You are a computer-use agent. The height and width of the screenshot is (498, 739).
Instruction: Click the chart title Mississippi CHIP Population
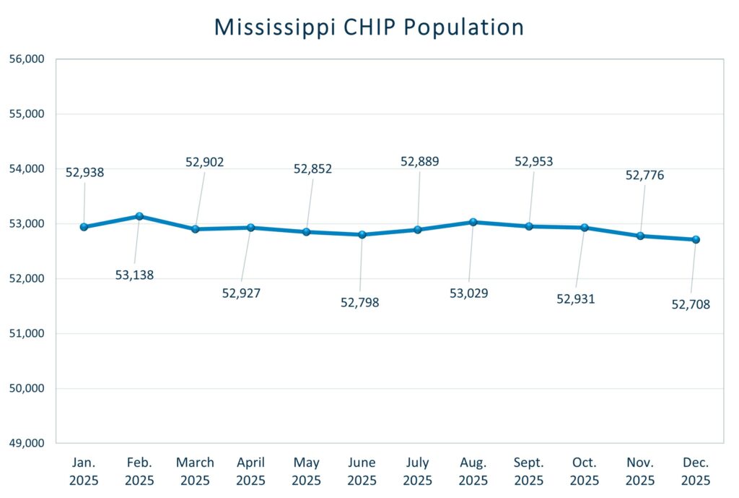click(x=369, y=27)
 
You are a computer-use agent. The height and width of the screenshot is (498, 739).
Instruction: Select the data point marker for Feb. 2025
click(x=139, y=216)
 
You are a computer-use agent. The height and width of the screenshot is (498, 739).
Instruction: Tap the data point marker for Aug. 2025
click(x=473, y=222)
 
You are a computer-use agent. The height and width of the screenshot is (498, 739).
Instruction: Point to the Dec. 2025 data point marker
click(x=696, y=239)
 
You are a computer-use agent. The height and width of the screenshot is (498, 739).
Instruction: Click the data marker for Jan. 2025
click(x=84, y=227)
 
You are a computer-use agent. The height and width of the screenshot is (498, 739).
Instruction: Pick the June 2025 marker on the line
click(x=362, y=234)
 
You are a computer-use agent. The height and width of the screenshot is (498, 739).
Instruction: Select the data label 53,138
click(x=134, y=275)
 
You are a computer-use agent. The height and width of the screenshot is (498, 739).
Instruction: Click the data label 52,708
click(x=691, y=304)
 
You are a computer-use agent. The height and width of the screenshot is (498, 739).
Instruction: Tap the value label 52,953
click(x=533, y=161)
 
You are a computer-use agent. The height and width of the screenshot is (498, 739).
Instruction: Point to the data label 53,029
click(x=468, y=293)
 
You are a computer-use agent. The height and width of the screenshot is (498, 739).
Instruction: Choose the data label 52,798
click(x=359, y=302)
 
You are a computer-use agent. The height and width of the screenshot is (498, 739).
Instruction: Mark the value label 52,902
click(x=204, y=162)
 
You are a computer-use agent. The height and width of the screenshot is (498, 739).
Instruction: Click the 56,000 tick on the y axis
click(x=27, y=59)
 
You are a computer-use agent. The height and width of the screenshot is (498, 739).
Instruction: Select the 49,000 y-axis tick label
click(x=27, y=443)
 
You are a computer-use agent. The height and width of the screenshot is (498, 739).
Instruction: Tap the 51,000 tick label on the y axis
click(x=27, y=333)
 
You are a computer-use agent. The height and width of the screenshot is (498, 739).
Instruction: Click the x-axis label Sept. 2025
click(x=529, y=471)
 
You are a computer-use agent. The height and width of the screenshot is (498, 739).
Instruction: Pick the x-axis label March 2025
click(x=195, y=471)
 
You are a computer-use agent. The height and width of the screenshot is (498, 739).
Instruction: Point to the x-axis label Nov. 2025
click(x=640, y=471)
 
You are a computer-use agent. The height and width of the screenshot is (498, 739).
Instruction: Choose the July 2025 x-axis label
click(x=418, y=471)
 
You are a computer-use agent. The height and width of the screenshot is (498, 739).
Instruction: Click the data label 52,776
click(x=644, y=175)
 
